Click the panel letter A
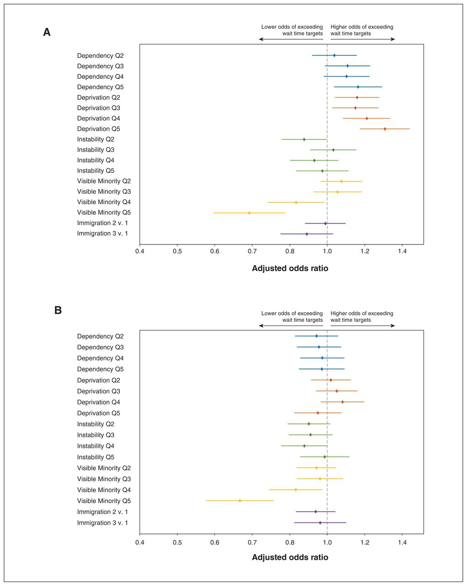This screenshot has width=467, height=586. click(x=47, y=32)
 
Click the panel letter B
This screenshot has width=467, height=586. click(x=58, y=310)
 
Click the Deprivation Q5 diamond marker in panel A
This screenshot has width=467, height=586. click(x=385, y=129)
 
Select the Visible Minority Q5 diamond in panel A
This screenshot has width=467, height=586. click(x=249, y=213)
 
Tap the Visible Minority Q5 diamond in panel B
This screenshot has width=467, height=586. click(x=240, y=500)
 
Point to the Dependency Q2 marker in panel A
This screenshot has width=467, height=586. click(x=334, y=55)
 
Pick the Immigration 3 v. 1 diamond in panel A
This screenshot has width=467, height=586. click(x=307, y=234)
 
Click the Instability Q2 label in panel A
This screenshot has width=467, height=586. click(x=96, y=140)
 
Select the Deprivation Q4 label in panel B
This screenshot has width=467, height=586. click(x=98, y=402)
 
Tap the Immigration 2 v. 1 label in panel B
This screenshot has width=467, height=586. click(x=102, y=512)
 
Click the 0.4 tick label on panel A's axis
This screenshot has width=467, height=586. click(x=140, y=251)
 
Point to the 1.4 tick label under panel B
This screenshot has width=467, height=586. click(x=402, y=543)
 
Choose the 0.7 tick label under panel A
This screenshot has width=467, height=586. click(x=252, y=251)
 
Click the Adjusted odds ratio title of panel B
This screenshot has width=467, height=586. click(x=290, y=558)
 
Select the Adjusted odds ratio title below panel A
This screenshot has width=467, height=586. click(x=290, y=268)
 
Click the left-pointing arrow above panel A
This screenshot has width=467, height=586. click(x=291, y=39)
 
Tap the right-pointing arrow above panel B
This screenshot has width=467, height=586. click(x=363, y=326)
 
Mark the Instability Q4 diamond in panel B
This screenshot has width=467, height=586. click(x=304, y=446)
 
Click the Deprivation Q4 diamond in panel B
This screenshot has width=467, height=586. click(x=342, y=402)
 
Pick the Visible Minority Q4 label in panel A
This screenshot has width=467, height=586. click(x=104, y=202)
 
